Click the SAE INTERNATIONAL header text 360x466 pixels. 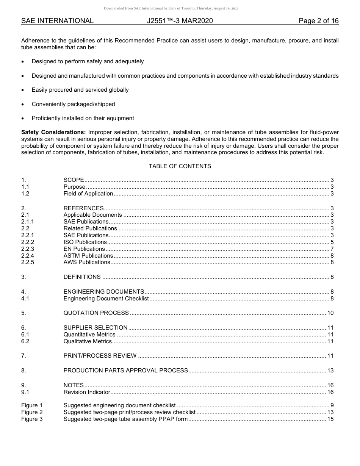[57, 21]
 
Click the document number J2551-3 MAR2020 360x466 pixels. [180, 21]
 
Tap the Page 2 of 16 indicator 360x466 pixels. [318, 21]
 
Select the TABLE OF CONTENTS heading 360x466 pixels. [180, 166]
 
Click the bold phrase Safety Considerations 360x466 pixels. [53, 132]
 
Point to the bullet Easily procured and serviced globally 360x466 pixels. [80, 90]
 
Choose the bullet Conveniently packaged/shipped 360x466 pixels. [73, 104]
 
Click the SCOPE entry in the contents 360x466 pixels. [74, 180]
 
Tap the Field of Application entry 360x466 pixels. [88, 194]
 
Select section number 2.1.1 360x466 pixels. [28, 222]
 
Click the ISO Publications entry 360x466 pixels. [85, 242]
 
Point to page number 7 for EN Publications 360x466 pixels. [332, 249]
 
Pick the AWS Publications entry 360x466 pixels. [87, 262]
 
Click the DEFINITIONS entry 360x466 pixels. [82, 277]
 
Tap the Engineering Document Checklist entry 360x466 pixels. [106, 299]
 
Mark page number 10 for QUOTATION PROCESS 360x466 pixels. [330, 313]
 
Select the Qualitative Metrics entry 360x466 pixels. [88, 341]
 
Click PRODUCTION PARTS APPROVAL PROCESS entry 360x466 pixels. [125, 371]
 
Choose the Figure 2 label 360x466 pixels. [32, 412]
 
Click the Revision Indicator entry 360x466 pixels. [87, 392]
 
